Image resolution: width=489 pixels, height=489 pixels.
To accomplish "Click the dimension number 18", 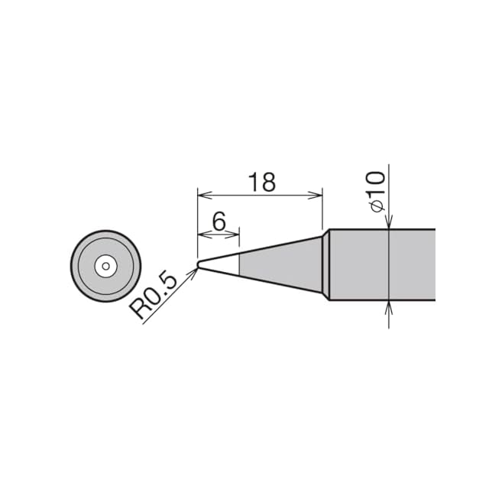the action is pyautogui.click(x=262, y=182).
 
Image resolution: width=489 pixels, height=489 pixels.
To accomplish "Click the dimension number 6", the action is pyautogui.click(x=219, y=222).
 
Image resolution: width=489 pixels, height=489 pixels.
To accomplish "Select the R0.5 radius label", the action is pyautogui.click(x=153, y=296).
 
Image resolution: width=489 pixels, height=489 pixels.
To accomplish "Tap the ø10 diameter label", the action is pyautogui.click(x=377, y=192).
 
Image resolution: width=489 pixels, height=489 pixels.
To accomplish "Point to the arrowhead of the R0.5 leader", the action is pyautogui.click(x=194, y=272).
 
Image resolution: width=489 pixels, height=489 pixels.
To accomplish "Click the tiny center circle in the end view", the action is pyautogui.click(x=105, y=266).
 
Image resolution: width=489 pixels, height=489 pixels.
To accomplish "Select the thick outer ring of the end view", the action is pyautogui.click(x=105, y=232).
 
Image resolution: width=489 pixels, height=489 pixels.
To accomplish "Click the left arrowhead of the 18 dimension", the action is pyautogui.click(x=202, y=196).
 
